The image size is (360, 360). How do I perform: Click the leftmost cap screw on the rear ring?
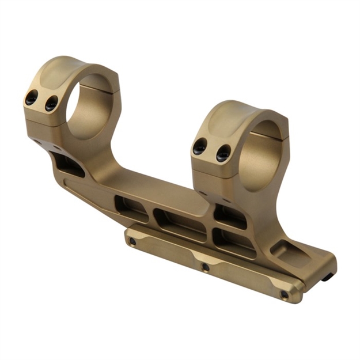[32, 97]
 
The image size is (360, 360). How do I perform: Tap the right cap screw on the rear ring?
[51, 103]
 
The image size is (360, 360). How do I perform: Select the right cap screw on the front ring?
[223, 153]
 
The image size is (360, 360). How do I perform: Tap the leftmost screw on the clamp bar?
[132, 242]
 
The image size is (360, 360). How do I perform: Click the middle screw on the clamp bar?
[205, 267]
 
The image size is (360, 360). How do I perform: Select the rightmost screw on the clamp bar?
[284, 294]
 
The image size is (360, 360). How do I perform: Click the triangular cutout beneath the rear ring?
[69, 165]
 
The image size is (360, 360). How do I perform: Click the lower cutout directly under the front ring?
[233, 240]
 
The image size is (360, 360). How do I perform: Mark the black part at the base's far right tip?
[327, 277]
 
